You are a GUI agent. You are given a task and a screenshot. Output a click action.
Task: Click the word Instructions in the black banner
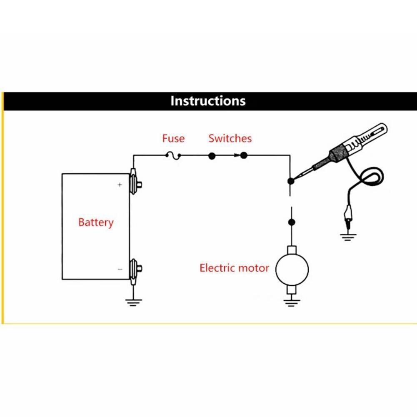click(x=208, y=101)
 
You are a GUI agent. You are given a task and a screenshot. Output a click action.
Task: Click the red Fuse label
click(x=173, y=138)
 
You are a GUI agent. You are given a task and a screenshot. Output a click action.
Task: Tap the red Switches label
click(x=230, y=138)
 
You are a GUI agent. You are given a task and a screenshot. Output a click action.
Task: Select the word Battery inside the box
click(x=96, y=222)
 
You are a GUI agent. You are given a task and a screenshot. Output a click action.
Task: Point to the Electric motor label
click(x=234, y=268)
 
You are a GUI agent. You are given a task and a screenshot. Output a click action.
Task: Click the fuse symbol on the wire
click(x=173, y=156)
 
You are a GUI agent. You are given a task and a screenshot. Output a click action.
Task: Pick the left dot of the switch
click(x=212, y=156)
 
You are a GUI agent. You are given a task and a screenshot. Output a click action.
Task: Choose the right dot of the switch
click(x=244, y=156)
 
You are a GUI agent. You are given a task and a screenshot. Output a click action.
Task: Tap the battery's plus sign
click(x=120, y=185)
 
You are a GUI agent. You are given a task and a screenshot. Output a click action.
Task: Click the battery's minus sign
click(x=120, y=270)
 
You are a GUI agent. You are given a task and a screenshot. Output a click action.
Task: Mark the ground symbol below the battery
click(x=133, y=302)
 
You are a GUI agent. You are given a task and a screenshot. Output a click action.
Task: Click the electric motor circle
click(x=292, y=269)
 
